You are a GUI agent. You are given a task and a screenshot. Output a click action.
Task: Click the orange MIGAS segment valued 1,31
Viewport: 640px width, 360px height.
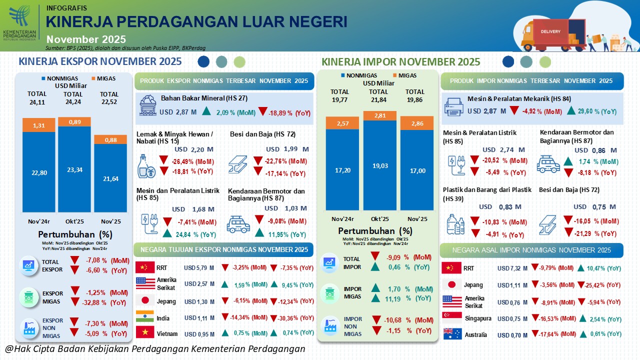tap(39, 125)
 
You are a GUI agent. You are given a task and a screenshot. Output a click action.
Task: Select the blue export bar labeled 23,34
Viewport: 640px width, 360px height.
tap(74, 169)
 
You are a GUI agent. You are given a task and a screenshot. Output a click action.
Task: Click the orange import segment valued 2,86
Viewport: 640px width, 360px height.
tap(416, 124)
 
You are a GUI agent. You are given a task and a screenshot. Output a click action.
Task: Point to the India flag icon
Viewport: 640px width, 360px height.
tap(145, 318)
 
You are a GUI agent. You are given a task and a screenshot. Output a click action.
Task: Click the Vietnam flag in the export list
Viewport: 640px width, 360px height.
tap(145, 333)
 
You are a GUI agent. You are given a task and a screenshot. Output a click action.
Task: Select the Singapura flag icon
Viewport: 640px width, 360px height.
tap(451, 318)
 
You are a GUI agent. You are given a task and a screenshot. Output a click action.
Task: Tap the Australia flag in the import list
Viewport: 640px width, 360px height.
tap(451, 333)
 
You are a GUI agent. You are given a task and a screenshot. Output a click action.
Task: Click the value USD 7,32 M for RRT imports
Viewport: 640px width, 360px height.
tap(513, 268)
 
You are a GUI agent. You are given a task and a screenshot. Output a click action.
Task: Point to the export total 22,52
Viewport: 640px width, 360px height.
tap(109, 102)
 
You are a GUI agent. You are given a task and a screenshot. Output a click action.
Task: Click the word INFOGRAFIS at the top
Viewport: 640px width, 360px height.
tap(66, 8)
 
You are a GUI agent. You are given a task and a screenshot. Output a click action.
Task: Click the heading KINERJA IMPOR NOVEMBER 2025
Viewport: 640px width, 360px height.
tap(400, 62)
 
